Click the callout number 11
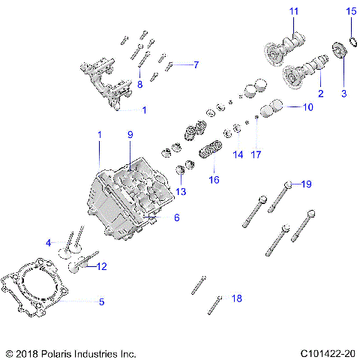click(x=294, y=10)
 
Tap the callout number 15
click(x=351, y=10)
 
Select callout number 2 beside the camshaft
click(x=320, y=94)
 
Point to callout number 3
click(x=344, y=94)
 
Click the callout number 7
click(x=196, y=64)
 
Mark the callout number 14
click(x=238, y=155)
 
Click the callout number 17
click(x=256, y=155)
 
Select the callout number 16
click(x=214, y=180)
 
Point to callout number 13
click(x=181, y=192)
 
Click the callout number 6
click(x=177, y=218)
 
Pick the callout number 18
click(x=237, y=298)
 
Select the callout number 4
click(x=47, y=243)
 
